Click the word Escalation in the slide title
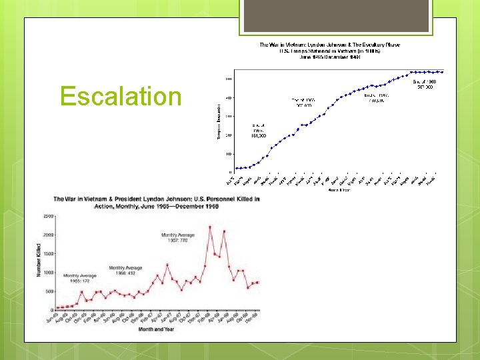[x=121, y=96]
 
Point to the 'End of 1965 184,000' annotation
[x=259, y=129]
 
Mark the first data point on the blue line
[x=237, y=168]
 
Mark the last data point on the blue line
[x=442, y=71]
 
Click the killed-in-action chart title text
[x=157, y=202]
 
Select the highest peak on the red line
[x=210, y=227]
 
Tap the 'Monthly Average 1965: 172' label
[x=80, y=278]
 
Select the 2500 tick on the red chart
[x=49, y=217]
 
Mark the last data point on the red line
[x=257, y=282]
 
